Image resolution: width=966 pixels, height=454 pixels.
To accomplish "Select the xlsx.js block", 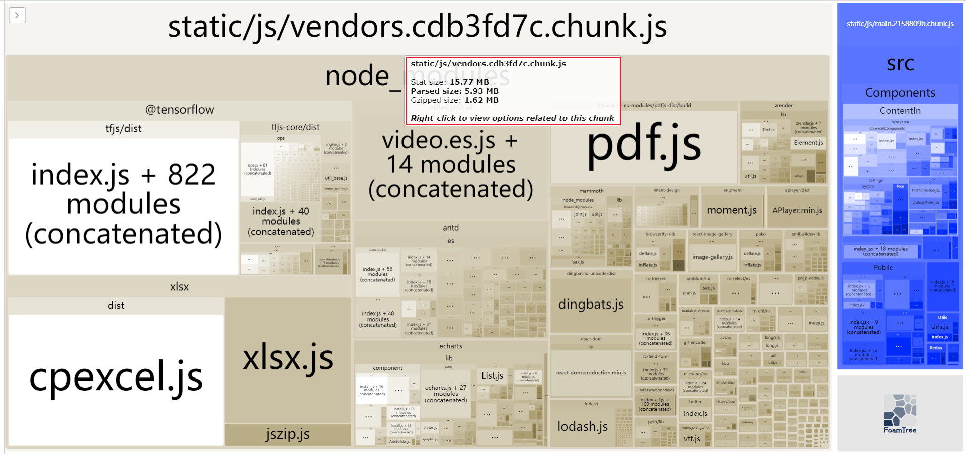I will [288, 358].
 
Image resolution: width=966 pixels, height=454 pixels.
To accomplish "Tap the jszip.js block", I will [288, 434].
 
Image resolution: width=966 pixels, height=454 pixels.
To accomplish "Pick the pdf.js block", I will [643, 146].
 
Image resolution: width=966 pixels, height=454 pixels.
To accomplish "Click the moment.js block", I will [732, 210].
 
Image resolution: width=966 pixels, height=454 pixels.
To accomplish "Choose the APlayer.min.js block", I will [797, 210].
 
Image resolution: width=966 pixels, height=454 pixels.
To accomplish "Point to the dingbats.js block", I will [591, 305].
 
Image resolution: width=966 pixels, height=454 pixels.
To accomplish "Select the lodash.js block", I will [582, 427].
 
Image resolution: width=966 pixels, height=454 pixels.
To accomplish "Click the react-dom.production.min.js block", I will [591, 373].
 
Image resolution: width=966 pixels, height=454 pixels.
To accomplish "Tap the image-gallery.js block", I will [712, 257].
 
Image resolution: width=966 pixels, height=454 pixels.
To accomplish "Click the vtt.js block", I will [692, 439].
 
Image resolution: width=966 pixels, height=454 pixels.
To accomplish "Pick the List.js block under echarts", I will [492, 376].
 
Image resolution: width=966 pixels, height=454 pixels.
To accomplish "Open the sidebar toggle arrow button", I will [17, 15].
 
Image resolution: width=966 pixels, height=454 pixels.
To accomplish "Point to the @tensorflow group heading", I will [180, 110].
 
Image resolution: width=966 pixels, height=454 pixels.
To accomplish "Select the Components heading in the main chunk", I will [900, 93].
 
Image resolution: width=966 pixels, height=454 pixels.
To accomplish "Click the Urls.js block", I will [939, 327].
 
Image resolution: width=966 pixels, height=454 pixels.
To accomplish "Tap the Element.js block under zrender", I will [808, 143].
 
